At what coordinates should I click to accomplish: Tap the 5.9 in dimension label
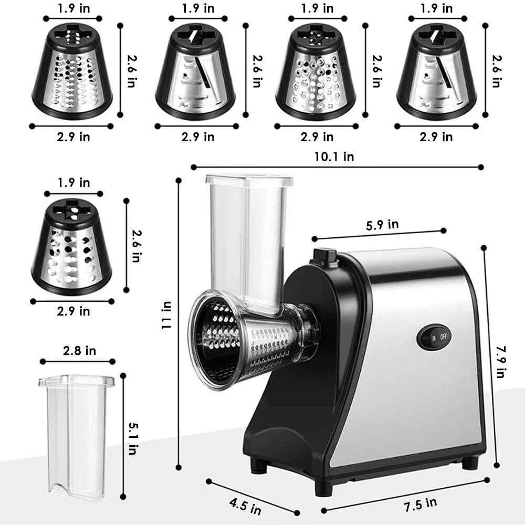[382, 225]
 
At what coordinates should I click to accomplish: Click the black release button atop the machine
[323, 256]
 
